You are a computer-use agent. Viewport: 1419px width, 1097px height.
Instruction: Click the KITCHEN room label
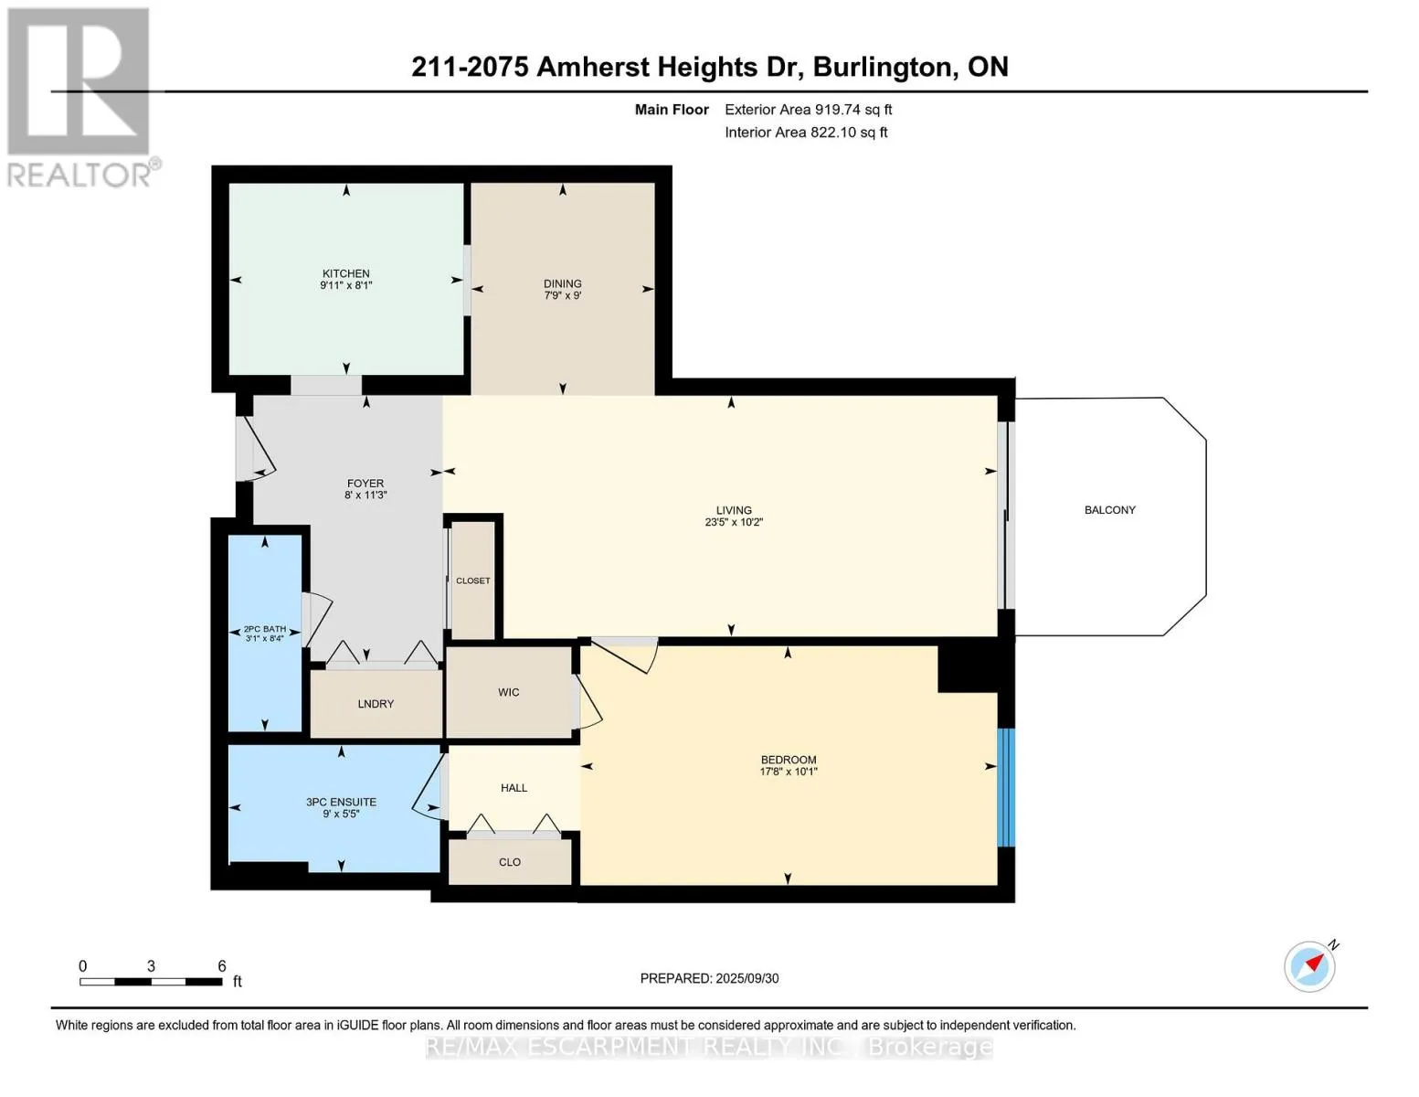coord(345,273)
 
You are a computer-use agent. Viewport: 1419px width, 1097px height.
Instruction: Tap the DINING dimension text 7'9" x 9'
coord(562,295)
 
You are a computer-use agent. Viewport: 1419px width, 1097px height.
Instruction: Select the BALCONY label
coord(1109,509)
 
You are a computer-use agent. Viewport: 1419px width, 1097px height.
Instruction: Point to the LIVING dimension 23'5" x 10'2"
coord(734,522)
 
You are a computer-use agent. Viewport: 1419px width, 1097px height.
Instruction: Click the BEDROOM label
coord(789,759)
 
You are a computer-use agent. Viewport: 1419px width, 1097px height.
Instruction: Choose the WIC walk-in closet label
coord(508,692)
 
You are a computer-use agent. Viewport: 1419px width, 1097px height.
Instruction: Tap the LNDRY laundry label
coord(376,704)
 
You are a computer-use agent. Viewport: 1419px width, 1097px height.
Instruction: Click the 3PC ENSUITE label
coord(341,802)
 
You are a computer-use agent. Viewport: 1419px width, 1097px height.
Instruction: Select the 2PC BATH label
coord(264,629)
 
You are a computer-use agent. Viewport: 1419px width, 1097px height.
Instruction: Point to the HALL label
coord(514,788)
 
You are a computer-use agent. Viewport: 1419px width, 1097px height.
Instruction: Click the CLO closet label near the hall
coord(509,862)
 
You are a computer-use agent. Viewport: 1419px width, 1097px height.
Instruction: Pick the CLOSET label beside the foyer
coord(472,580)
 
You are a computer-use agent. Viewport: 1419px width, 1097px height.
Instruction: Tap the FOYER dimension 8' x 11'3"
coord(365,495)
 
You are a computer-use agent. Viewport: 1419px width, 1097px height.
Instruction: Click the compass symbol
coord(1309,966)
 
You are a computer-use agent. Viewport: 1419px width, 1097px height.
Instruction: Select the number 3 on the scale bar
coord(151,966)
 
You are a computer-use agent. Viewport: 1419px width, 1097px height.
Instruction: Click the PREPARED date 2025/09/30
coord(747,978)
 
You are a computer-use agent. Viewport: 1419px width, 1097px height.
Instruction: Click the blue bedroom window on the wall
coord(1006,787)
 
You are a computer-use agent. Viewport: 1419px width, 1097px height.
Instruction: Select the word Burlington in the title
coord(882,68)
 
